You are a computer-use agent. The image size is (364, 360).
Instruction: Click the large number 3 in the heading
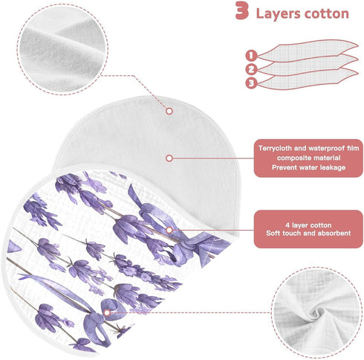242,10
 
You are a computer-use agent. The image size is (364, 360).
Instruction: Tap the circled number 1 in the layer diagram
251,56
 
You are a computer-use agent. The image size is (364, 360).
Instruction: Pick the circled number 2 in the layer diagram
251,69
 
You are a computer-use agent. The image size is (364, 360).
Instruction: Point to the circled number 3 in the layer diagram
251,83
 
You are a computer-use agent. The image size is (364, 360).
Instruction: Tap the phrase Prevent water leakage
308,167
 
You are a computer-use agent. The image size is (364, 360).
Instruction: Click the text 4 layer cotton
308,225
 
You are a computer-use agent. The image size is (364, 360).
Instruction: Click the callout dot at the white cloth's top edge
169,111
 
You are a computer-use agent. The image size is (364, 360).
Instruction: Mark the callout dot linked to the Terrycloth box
169,158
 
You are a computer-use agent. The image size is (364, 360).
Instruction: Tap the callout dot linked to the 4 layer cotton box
169,230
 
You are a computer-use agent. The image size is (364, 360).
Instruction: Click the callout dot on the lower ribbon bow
107,312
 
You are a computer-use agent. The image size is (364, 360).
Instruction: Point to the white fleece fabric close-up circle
62,49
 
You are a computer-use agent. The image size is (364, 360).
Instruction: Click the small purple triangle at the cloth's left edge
13,247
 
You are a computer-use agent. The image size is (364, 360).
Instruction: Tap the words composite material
308,158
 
